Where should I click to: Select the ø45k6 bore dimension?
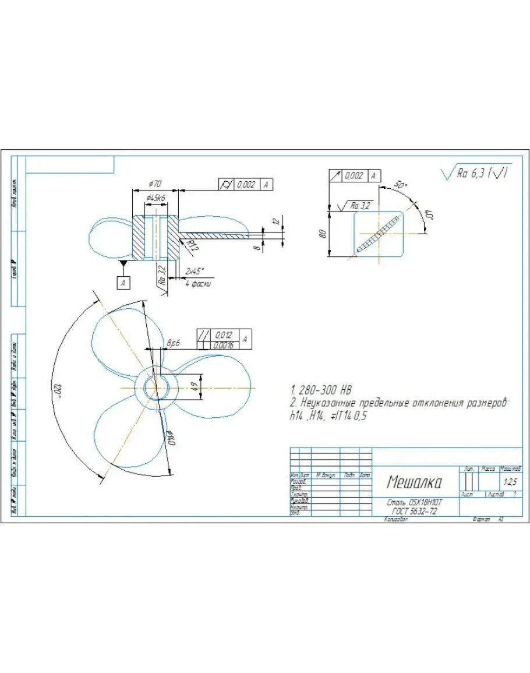(155, 198)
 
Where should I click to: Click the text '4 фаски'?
(198, 284)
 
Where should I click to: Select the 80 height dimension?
(321, 234)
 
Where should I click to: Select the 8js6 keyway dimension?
(173, 344)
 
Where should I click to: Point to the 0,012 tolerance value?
(224, 336)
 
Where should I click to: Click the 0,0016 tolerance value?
(224, 346)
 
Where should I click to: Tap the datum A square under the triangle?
(123, 283)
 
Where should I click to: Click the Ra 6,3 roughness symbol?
(476, 173)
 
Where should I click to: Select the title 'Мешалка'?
(414, 482)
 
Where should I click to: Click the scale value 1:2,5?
(510, 482)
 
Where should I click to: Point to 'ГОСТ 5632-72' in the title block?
(415, 510)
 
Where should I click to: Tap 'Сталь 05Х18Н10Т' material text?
(415, 502)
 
